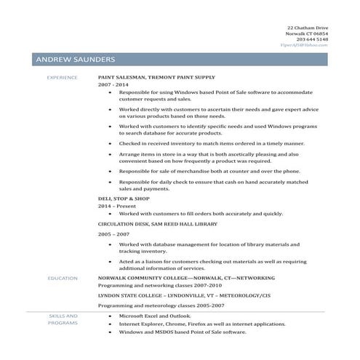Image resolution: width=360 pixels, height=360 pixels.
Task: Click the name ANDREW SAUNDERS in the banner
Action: [74, 59]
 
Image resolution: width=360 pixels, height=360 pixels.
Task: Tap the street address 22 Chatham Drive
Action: [307, 27]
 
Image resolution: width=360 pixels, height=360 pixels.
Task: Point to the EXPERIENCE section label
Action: [62, 76]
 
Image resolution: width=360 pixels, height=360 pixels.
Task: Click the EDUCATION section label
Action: [62, 279]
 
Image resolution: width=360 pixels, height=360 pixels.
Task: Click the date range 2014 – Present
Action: [116, 206]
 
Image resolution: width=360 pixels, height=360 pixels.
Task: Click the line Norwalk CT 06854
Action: [308, 33]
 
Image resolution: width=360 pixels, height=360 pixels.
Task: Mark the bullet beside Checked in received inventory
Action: [110, 144]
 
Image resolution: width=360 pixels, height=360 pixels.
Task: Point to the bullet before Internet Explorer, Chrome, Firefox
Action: [110, 324]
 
